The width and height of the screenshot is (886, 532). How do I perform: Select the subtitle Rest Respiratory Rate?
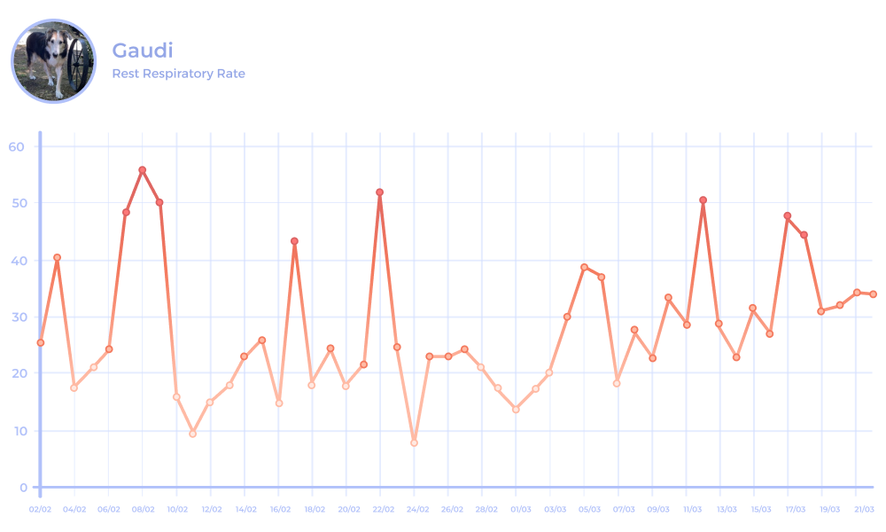[x=178, y=74]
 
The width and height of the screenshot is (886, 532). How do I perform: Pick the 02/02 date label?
[x=40, y=510]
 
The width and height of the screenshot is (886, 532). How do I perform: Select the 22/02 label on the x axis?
[x=384, y=510]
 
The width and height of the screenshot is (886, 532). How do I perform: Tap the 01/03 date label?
[x=521, y=510]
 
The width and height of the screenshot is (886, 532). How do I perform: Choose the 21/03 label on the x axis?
[x=864, y=510]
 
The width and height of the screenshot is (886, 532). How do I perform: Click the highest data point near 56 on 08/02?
[x=142, y=170]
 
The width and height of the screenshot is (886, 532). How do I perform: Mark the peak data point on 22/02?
[x=379, y=192]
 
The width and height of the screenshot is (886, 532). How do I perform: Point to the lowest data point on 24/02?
[x=414, y=442]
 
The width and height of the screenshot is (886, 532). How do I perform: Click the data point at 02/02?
[x=41, y=342]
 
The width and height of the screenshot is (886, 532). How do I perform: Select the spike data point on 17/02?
[x=294, y=241]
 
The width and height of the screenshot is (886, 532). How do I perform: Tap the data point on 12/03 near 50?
[x=703, y=200]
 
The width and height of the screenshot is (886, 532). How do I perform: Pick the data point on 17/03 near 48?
[x=788, y=216]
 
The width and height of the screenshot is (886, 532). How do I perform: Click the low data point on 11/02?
[x=192, y=434]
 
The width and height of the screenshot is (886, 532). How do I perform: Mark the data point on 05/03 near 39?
[x=584, y=267]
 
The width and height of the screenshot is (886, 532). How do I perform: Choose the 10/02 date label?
[x=177, y=510]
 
